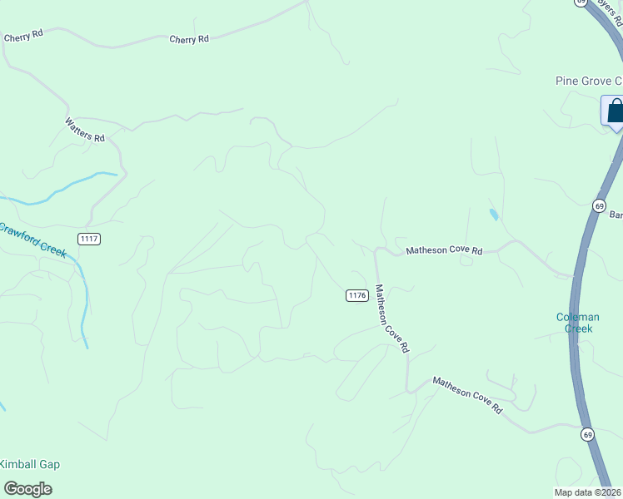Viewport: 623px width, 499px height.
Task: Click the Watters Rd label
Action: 85,129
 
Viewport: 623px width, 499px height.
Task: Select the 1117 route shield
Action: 89,239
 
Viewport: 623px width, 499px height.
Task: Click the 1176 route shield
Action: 357,295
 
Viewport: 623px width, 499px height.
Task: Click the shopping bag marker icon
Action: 615,111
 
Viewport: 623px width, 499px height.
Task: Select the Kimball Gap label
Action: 30,465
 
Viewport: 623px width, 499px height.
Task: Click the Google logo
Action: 27,489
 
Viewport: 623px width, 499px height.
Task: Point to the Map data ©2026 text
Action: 588,492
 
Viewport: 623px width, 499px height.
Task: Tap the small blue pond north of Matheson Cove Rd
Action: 494,215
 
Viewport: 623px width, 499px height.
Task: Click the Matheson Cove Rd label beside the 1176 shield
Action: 391,319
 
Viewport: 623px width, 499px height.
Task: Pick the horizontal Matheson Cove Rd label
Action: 444,250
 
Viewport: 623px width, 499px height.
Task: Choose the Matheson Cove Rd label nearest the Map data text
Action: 467,396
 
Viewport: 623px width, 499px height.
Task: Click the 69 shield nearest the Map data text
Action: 587,434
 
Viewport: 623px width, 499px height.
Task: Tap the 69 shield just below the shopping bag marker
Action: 599,205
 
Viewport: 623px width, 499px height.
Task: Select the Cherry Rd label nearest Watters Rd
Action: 22,37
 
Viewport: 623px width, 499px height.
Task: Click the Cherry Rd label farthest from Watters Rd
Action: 188,39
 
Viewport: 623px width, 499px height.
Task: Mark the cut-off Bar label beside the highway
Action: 616,215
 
